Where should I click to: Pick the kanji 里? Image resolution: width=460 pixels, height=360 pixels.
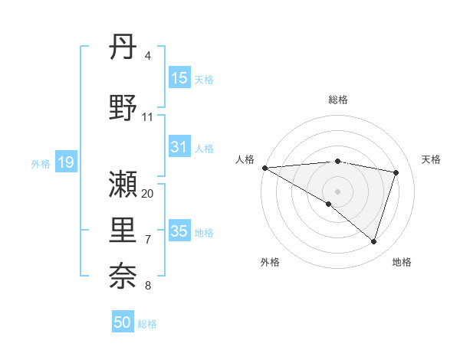(x=123, y=230)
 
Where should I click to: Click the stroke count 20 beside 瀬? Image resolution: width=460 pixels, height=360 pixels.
(x=148, y=194)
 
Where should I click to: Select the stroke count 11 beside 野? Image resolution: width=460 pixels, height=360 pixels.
(x=148, y=117)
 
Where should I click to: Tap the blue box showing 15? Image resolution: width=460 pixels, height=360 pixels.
(x=179, y=78)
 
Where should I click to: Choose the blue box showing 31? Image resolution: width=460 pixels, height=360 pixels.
(x=179, y=147)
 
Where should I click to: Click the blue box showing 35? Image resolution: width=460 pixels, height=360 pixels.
(x=179, y=231)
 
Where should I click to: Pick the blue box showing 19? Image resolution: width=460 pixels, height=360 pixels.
(x=66, y=162)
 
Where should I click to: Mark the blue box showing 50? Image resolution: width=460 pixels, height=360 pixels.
(x=123, y=322)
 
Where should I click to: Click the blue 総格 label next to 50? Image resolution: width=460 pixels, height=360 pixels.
(x=147, y=324)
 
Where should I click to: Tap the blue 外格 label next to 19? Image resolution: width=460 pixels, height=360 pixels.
(x=41, y=163)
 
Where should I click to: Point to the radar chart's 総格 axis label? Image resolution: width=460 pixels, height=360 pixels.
(x=338, y=100)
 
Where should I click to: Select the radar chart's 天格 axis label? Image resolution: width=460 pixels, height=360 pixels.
(x=432, y=159)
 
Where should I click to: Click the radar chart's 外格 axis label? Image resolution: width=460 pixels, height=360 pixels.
(x=270, y=262)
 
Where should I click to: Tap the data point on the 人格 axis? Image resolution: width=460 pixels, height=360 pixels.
(x=264, y=168)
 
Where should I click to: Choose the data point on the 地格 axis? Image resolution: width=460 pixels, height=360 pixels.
(x=373, y=242)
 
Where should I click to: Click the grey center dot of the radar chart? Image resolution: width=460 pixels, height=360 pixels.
(x=337, y=191)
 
